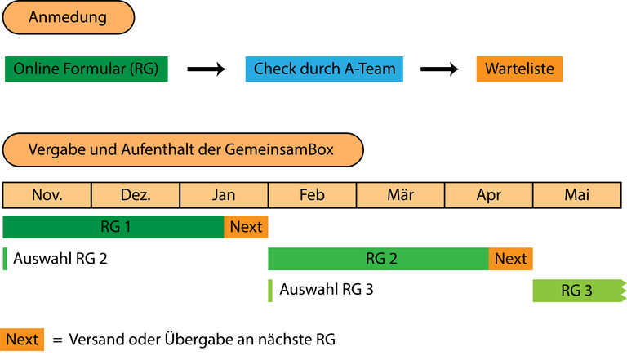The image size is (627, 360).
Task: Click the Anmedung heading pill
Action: point(69,18)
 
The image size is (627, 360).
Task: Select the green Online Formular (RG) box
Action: point(86,69)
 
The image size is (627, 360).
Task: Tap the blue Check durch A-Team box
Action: point(324,69)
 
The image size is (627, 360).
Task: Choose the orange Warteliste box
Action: point(519,69)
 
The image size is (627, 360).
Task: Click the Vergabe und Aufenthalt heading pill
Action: point(182,150)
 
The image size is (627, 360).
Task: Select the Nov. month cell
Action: point(47,195)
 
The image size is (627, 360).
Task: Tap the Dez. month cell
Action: point(136,195)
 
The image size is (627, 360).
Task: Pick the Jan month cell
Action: point(224,195)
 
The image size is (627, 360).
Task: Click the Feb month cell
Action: point(312,195)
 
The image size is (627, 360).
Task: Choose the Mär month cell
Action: point(400,195)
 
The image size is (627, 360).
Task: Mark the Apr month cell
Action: point(488,195)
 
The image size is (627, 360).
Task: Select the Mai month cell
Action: point(576,195)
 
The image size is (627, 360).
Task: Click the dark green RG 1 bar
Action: point(114,227)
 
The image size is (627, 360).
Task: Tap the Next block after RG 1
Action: point(246,227)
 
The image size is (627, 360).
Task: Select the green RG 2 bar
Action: point(379,259)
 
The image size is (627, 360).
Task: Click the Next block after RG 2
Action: point(510,259)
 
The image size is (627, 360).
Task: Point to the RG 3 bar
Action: point(577,291)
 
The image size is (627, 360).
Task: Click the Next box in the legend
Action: point(23,339)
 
